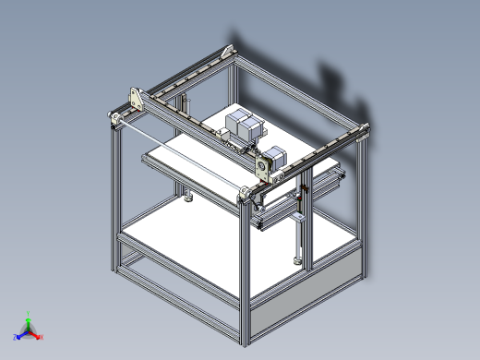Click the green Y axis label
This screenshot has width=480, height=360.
pyautogui.click(x=30, y=313)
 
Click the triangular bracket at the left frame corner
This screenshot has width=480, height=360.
pyautogui.click(x=136, y=99)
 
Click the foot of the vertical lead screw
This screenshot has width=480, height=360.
pyautogui.click(x=298, y=261)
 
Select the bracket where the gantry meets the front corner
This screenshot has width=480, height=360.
pyautogui.click(x=247, y=193)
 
